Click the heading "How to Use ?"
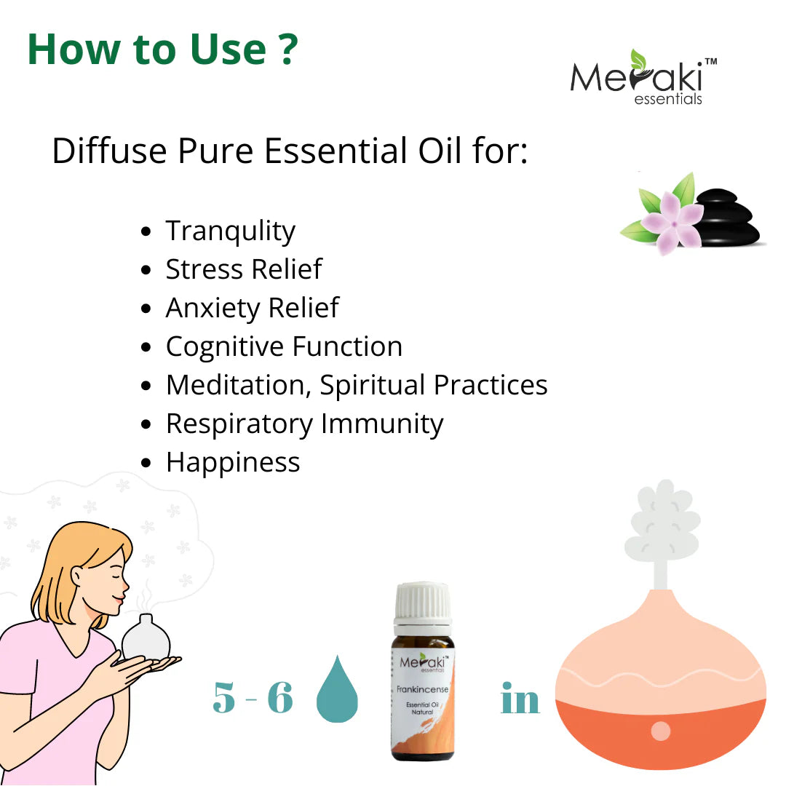[162, 49]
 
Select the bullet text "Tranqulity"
[230, 231]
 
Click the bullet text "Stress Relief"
[244, 269]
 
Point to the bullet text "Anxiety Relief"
[252, 308]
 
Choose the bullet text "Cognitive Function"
[284, 346]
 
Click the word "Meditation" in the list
[238, 385]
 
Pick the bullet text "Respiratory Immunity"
[304, 424]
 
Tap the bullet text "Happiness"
[233, 462]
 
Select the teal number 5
[226, 699]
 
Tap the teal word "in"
[520, 699]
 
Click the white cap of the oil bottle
[423, 602]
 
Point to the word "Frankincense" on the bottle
[423, 688]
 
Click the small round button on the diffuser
[660, 730]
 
